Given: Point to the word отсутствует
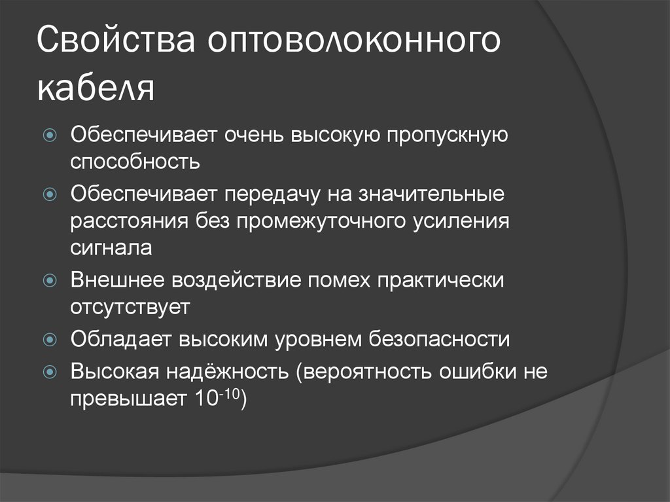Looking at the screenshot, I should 130,307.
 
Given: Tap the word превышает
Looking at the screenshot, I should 129,399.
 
